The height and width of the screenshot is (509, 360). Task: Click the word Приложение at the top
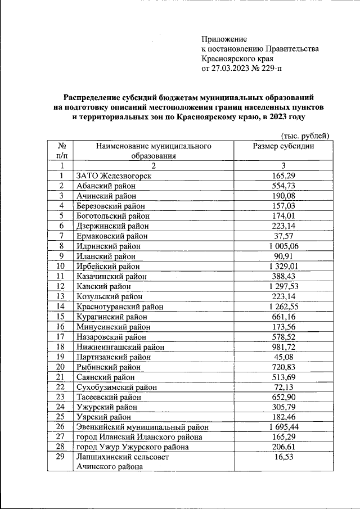tap(224, 39)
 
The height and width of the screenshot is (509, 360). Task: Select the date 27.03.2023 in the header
tap(236, 69)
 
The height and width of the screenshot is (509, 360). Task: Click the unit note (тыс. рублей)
tap(304, 135)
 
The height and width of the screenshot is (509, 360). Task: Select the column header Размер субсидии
tap(283, 146)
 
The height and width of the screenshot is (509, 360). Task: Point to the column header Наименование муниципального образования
tap(154, 151)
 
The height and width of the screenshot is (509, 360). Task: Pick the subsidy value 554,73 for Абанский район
tap(283, 186)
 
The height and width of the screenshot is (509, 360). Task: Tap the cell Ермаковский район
tap(112, 236)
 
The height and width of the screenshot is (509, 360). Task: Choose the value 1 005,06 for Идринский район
tap(283, 246)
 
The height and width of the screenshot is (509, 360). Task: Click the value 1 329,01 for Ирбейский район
tap(283, 266)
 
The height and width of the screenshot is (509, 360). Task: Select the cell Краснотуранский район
tap(120, 307)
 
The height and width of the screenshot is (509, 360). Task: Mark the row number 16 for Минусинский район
tap(61, 327)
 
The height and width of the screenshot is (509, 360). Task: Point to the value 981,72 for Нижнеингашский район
tap(283, 347)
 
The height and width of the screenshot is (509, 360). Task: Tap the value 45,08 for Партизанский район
tap(283, 357)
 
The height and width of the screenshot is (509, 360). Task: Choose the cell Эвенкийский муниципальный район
tap(138, 427)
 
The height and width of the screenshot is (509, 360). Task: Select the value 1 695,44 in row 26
tap(283, 427)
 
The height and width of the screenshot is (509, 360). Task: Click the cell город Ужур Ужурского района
tap(132, 447)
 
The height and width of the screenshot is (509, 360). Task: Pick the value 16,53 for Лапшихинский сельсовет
tap(283, 458)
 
